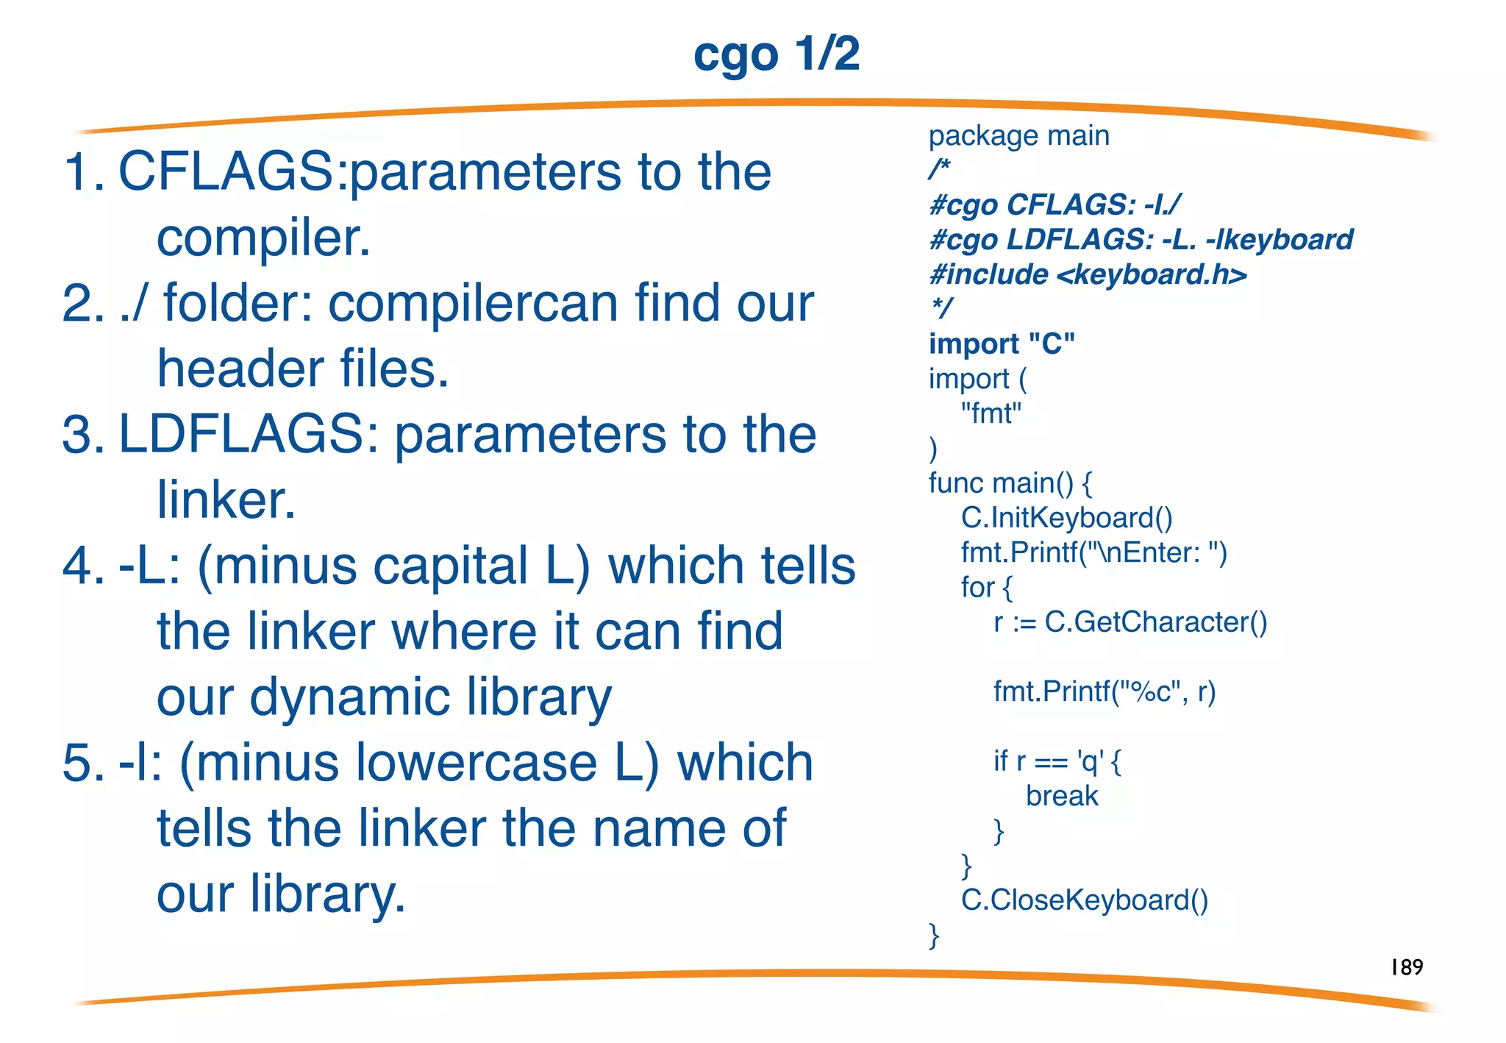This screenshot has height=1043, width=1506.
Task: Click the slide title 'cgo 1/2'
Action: pyautogui.click(x=776, y=54)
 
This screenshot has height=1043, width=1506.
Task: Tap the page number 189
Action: pyautogui.click(x=1406, y=967)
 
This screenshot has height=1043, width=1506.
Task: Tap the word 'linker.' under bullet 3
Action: pyautogui.click(x=226, y=500)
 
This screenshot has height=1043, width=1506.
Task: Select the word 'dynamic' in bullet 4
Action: pyautogui.click(x=349, y=697)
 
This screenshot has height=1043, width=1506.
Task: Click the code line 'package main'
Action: pyautogui.click(x=1018, y=136)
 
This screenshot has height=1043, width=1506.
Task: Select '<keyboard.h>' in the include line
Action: pyautogui.click(x=1152, y=275)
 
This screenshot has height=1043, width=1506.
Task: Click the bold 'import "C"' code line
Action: pyautogui.click(x=1002, y=343)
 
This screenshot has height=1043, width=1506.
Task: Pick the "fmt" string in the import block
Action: pyautogui.click(x=991, y=413)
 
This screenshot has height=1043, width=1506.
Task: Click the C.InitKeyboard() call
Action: pyautogui.click(x=1066, y=518)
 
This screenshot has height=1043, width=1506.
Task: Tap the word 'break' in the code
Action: pyautogui.click(x=1061, y=796)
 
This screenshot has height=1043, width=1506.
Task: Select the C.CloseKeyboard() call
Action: pyautogui.click(x=1084, y=900)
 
